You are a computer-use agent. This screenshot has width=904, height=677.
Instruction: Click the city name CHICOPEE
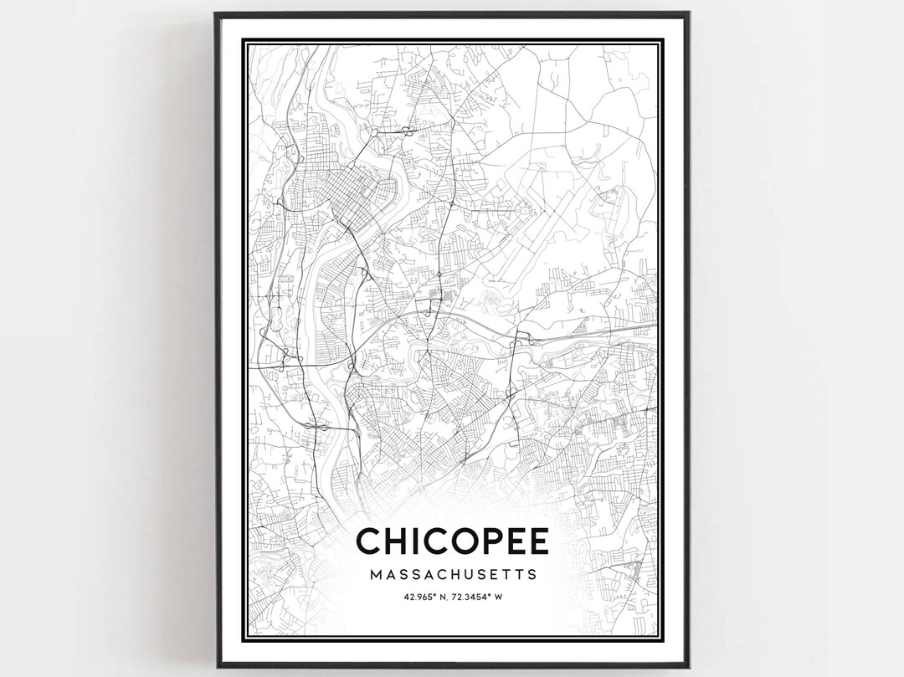[453, 541]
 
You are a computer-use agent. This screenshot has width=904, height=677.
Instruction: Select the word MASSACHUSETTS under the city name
[453, 576]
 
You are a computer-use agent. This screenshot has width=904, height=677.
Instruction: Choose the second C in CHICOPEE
[437, 541]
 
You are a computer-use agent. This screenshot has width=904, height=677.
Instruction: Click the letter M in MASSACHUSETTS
[374, 576]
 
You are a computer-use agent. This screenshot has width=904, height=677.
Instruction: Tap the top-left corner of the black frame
[216, 14]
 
